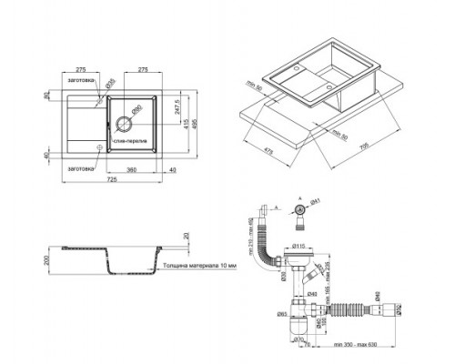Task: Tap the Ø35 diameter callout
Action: coord(110,83)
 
